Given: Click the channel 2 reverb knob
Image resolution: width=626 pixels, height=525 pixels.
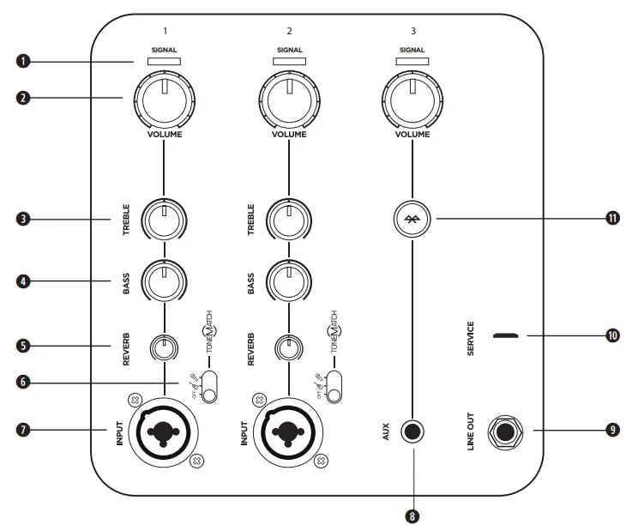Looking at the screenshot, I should point(288,347).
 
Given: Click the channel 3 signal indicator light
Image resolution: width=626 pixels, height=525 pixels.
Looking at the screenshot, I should point(412,61).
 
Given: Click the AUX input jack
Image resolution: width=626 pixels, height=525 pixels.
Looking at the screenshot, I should point(412,430).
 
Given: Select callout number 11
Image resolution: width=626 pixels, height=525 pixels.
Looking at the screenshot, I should point(611,219).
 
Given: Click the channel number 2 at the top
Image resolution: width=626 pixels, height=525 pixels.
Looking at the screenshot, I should point(289,32).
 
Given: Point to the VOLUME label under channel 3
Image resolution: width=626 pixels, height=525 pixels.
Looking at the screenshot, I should point(412,135).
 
